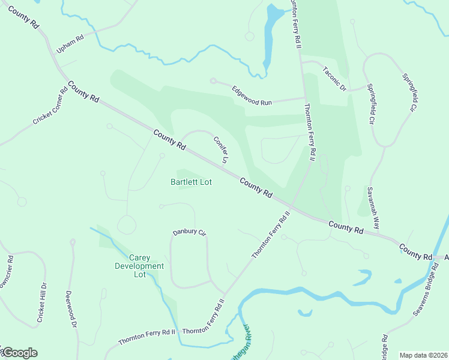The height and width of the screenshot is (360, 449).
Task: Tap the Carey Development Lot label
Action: (x=139, y=266)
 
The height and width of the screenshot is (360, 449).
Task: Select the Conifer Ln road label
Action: (x=221, y=149)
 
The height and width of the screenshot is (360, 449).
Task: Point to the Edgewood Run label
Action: (x=252, y=95)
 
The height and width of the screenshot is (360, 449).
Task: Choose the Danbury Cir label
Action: (x=189, y=232)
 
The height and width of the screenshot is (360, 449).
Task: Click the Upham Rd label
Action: (x=68, y=44)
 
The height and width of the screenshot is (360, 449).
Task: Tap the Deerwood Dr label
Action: (x=71, y=309)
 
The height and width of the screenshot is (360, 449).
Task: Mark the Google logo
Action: (x=19, y=353)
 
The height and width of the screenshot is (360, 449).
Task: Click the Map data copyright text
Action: (x=423, y=355)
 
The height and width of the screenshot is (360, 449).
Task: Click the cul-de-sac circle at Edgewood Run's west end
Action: (x=212, y=80)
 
